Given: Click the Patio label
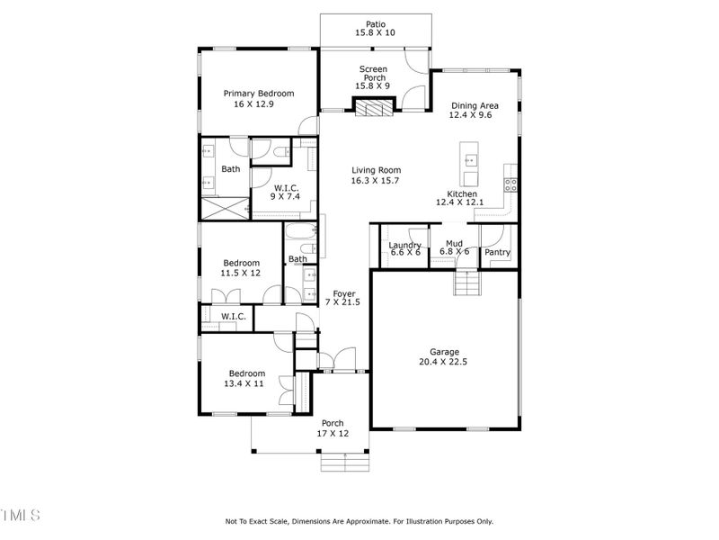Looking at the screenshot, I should coord(375,23).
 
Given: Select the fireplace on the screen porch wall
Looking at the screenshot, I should coord(375,109).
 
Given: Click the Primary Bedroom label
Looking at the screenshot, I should coord(259,94).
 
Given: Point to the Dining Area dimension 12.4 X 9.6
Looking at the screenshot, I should coord(475,116).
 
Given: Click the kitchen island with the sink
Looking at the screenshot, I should coord(468,159).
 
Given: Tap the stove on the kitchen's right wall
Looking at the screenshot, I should coord(511,184).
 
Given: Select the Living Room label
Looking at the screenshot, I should coord(376,170).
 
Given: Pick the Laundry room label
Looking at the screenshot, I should coord(404,246).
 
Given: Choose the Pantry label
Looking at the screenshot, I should coord(497,253).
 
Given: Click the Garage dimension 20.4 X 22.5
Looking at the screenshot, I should coord(444,363).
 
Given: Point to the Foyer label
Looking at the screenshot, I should coord(344,293).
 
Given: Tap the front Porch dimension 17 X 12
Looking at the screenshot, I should coord(333,434).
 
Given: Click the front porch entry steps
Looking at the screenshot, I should coord(346,462).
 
